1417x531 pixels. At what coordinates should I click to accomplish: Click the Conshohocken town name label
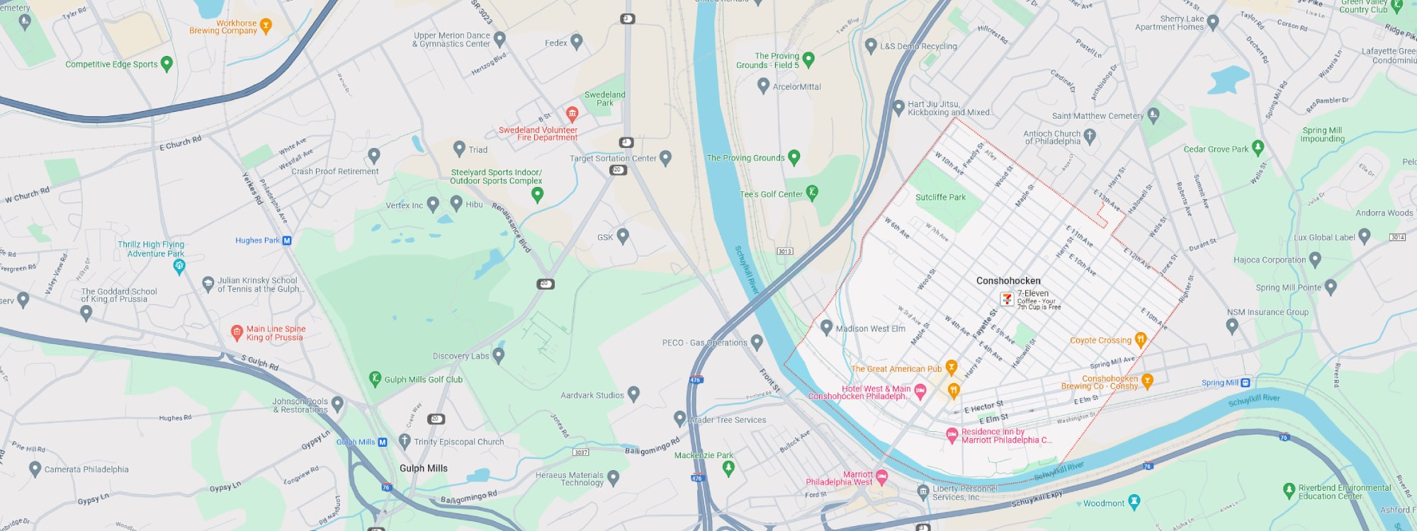pyautogui.click(x=1008, y=281)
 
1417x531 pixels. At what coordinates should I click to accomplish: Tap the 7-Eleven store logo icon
pyautogui.click(x=1007, y=299)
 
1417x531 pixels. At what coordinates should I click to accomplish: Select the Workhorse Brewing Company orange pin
pyautogui.click(x=266, y=26)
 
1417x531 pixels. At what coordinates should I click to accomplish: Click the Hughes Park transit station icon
pyautogui.click(x=287, y=241)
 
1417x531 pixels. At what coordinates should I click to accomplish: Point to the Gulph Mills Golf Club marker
pyautogui.click(x=376, y=379)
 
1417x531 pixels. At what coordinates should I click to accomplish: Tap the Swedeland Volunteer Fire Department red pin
pyautogui.click(x=572, y=113)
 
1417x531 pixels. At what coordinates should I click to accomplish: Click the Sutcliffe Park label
pyautogui.click(x=940, y=198)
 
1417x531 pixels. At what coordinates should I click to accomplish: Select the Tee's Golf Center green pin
pyautogui.click(x=812, y=192)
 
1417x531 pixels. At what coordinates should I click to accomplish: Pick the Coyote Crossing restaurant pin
pyautogui.click(x=1140, y=339)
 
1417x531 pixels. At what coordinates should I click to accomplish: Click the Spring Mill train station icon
pyautogui.click(x=1246, y=383)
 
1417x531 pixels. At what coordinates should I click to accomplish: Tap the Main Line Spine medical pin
pyautogui.click(x=237, y=331)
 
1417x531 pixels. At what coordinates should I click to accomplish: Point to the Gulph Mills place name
pyautogui.click(x=424, y=469)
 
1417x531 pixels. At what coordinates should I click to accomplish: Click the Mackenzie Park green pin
pyautogui.click(x=728, y=467)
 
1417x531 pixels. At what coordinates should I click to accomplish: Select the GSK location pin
pyautogui.click(x=623, y=235)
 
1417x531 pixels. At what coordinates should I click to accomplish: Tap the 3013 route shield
pyautogui.click(x=785, y=251)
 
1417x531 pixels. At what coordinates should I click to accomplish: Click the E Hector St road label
pyautogui.click(x=983, y=407)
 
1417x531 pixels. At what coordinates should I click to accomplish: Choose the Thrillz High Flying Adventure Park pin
pyautogui.click(x=179, y=266)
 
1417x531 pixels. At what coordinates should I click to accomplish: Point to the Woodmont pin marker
pyautogui.click(x=1134, y=501)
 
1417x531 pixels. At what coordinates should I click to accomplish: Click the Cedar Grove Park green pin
pyautogui.click(x=1258, y=147)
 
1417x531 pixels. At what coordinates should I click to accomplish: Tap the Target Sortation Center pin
pyautogui.click(x=665, y=157)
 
